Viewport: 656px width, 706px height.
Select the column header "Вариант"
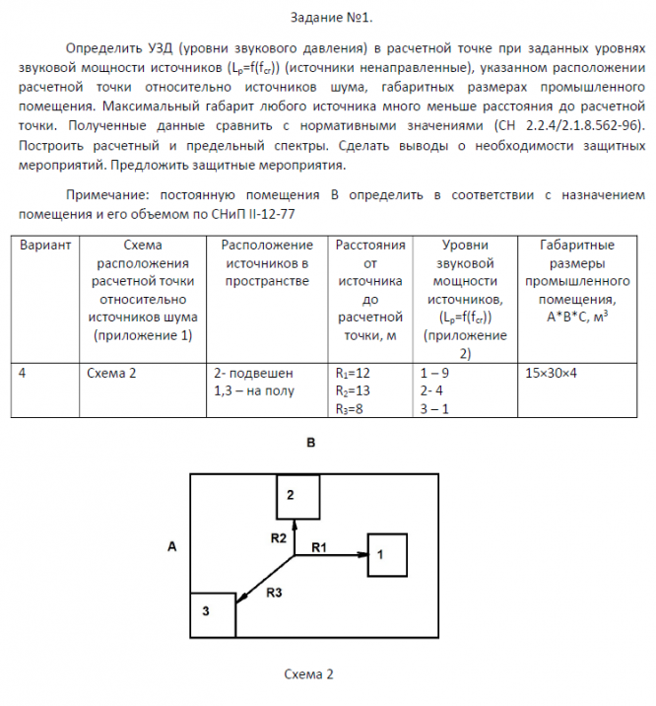[x=45, y=245]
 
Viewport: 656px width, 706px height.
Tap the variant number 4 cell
[x=23, y=374]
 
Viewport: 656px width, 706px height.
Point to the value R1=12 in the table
[x=354, y=374]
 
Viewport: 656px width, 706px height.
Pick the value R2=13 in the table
[x=354, y=391]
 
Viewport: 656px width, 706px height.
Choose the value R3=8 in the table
[x=351, y=409]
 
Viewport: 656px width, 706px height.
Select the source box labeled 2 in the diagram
[x=298, y=497]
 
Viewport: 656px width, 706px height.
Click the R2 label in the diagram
[x=279, y=537]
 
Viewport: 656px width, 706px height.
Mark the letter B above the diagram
[x=310, y=444]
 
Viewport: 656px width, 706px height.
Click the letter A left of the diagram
[x=171, y=545]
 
